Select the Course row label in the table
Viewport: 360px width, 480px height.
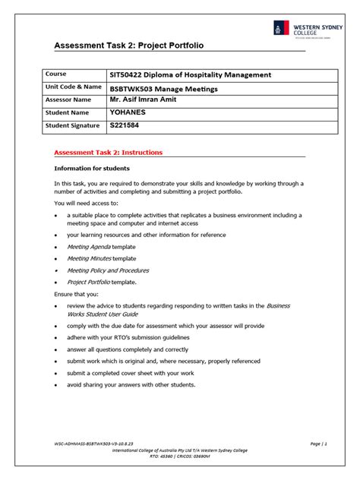coord(56,74)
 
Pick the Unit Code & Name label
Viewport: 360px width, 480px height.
coord(73,87)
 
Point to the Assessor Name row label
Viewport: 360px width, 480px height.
coord(68,99)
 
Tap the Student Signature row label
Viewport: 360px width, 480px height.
coord(72,125)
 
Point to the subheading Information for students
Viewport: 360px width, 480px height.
coord(92,168)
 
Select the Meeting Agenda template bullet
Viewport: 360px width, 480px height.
coord(102,247)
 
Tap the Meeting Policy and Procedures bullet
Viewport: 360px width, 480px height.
coord(108,270)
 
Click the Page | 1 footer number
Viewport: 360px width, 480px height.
coord(318,442)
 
